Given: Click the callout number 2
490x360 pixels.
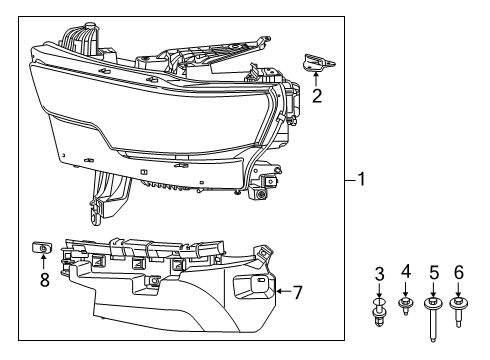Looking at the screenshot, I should pos(316,97).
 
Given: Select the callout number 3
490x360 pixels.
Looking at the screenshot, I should pos(380,274).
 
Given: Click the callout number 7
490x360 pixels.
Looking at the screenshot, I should pos(296,292).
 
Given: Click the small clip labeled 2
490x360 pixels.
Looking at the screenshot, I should pos(317,62).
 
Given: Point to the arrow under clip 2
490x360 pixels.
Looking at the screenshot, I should pos(316,78).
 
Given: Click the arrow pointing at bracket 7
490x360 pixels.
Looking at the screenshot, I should pos(280,292).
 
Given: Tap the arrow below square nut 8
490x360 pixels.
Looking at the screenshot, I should pos(44,264).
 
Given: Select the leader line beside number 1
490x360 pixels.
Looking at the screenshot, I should pos(350,181).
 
